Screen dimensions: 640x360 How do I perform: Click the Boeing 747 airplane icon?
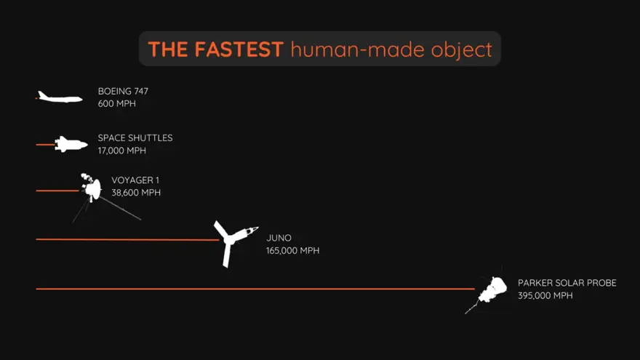(x=60, y=97)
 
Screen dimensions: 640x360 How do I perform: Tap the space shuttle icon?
(x=71, y=145)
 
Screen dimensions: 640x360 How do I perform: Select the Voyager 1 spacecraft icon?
(x=92, y=188)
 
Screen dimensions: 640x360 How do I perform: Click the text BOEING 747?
(x=123, y=91)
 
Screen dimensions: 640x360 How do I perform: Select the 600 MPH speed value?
(x=117, y=104)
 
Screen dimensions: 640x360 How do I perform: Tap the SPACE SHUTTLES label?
(x=135, y=138)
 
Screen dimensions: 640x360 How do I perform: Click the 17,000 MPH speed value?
(x=121, y=151)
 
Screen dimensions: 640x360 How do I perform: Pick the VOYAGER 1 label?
(x=135, y=180)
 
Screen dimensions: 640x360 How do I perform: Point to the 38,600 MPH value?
(x=136, y=193)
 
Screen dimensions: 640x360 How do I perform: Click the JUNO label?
(x=279, y=238)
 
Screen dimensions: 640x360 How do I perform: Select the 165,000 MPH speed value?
(x=292, y=251)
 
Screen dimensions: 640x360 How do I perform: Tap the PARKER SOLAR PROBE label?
(x=567, y=283)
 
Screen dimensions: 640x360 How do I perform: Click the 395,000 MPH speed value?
(x=545, y=295)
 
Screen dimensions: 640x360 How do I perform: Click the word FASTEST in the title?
(x=239, y=49)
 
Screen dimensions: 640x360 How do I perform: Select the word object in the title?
(x=462, y=50)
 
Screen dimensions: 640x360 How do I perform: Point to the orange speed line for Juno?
(x=128, y=239)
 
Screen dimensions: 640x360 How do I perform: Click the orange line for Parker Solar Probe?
(x=255, y=289)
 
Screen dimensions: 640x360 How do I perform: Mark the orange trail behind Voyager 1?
(x=57, y=191)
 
